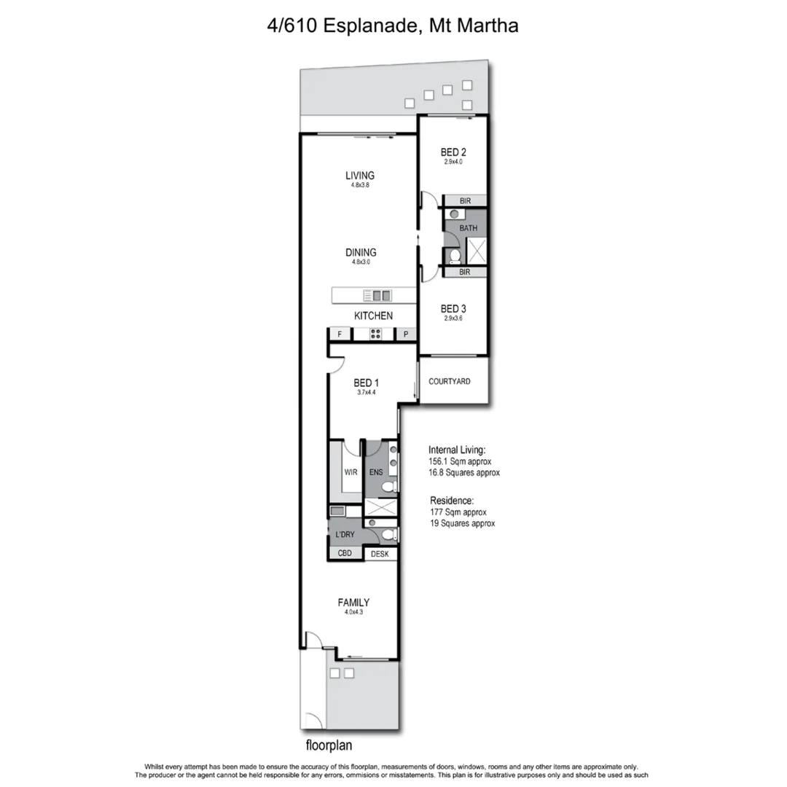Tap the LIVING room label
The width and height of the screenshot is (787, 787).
360,176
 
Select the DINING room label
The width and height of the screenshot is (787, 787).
361,253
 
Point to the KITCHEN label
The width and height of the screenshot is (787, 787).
373,316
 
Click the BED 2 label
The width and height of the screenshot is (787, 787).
453,152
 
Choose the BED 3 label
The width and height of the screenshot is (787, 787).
453,309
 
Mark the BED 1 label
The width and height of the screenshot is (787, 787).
366,383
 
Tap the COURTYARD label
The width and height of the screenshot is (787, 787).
449,381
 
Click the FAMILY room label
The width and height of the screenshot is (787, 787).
353,603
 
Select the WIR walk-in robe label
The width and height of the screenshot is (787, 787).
351,472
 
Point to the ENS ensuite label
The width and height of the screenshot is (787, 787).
376,472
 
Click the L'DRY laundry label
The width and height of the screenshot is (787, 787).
345,536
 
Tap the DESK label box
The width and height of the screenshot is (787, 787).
380,555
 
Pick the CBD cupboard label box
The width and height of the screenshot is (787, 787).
345,554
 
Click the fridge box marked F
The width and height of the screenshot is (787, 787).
339,334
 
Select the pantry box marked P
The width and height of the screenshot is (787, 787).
405,334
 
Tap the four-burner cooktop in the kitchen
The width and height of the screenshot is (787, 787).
376,334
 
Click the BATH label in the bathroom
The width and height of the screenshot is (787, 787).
468,228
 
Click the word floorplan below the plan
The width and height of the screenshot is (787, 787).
331,746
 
